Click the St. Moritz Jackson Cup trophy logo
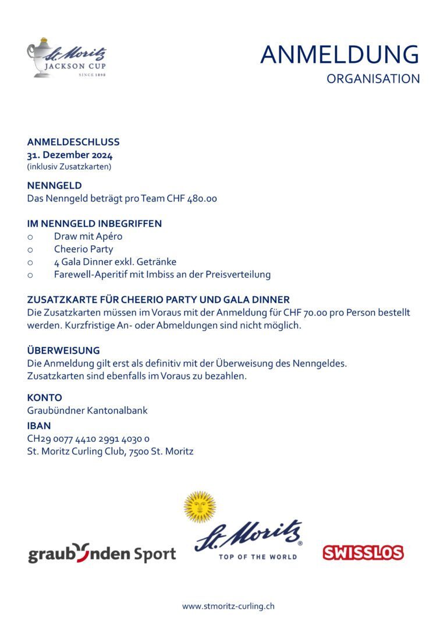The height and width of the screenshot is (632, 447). coord(67,58)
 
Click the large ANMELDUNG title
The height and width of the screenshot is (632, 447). coord(339,55)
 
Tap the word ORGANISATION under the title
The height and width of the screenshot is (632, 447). coord(373,79)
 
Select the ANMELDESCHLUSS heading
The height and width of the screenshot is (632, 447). coord(73,142)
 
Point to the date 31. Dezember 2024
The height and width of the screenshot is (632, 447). coord(70,155)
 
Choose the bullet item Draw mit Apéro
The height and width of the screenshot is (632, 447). coord(88,236)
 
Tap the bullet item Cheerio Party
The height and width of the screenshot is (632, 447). coord(83,249)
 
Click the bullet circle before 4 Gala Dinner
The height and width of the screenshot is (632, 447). coord(30,262)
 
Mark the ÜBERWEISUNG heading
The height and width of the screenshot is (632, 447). coord(63,350)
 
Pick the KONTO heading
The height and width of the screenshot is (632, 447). coord(44,397)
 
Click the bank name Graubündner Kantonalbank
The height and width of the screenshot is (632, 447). coord(87,410)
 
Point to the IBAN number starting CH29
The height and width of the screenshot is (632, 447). coord(88,439)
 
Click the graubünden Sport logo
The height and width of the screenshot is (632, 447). coord(102,553)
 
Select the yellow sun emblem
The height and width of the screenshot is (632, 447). coord(200,506)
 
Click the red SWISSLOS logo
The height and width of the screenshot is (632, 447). coord(363,552)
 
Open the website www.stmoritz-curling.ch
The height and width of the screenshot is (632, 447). coord(228,606)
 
